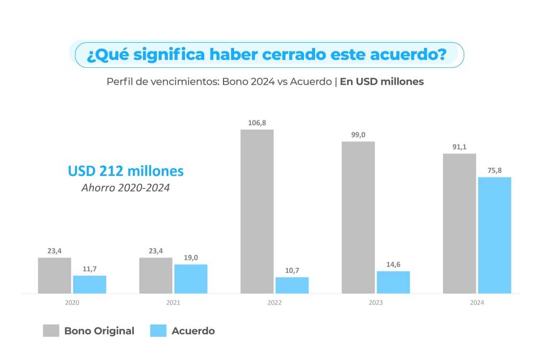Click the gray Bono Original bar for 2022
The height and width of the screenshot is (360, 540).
pos(257,211)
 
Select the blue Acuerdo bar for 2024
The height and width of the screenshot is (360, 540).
pos(494,235)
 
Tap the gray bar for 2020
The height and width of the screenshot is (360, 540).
pos(55,275)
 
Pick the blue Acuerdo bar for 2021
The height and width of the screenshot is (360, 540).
pos(191,279)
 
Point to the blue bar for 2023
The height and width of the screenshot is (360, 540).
pos(393,282)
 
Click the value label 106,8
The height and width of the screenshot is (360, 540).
pos(257,123)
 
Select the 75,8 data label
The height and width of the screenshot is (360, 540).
pos(494,170)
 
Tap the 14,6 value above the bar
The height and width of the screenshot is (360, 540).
pos(393,264)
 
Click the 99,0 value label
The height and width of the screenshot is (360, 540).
pos(358,135)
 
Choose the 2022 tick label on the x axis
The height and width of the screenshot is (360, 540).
pos(275,303)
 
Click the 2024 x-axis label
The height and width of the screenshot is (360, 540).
pos(477,303)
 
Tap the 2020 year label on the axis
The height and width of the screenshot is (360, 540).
pos(72,303)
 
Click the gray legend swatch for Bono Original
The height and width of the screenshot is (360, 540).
pos(51,331)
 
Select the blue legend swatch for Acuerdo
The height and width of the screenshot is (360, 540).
pos(158,331)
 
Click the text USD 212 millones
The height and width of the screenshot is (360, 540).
pos(126,171)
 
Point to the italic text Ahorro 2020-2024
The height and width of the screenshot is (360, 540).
pos(126,187)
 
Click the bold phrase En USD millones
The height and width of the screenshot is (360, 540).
pos(382,81)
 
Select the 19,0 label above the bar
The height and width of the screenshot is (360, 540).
pos(191,257)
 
